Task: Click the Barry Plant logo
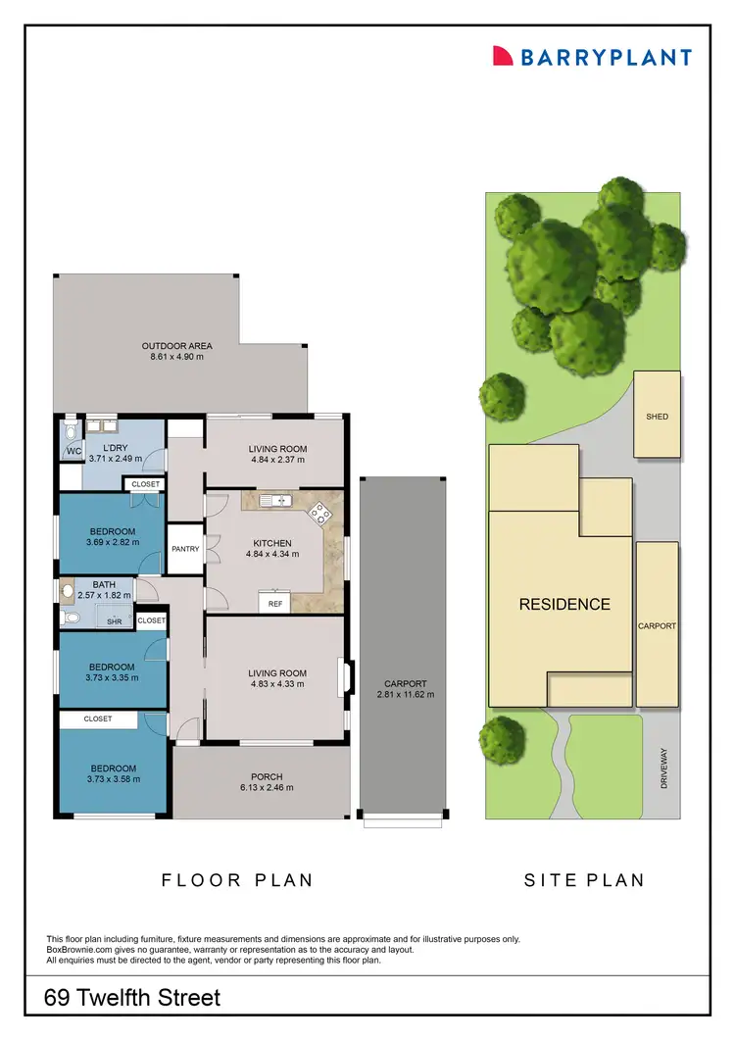click(592, 56)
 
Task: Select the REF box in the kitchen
click(275, 604)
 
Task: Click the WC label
click(73, 452)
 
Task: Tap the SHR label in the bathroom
click(114, 620)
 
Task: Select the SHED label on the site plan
click(657, 417)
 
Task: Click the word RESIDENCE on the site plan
click(564, 605)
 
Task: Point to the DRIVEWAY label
click(664, 770)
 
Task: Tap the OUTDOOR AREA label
click(176, 346)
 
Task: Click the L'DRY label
click(116, 448)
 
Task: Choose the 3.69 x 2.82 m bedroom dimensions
click(113, 542)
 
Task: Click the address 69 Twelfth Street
click(133, 999)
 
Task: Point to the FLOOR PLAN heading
click(237, 880)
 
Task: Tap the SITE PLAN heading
click(584, 880)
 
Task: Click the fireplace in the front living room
click(341, 677)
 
